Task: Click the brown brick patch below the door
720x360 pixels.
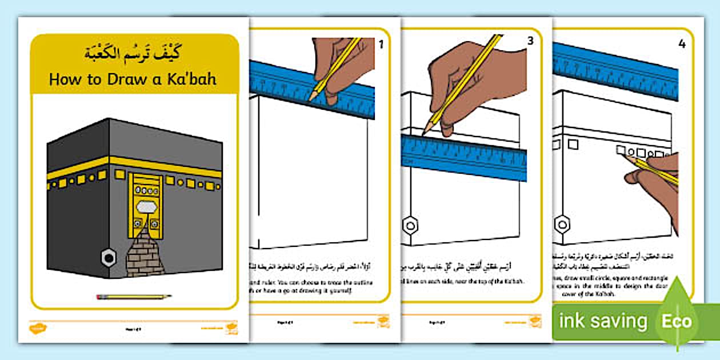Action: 145,254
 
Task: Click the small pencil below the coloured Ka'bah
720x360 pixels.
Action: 134,297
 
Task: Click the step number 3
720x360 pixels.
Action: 530,41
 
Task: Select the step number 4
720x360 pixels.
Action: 681,43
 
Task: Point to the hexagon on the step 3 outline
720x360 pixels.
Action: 410,224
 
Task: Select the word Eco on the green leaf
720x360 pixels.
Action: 677,321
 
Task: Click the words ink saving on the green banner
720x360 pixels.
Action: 603,321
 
